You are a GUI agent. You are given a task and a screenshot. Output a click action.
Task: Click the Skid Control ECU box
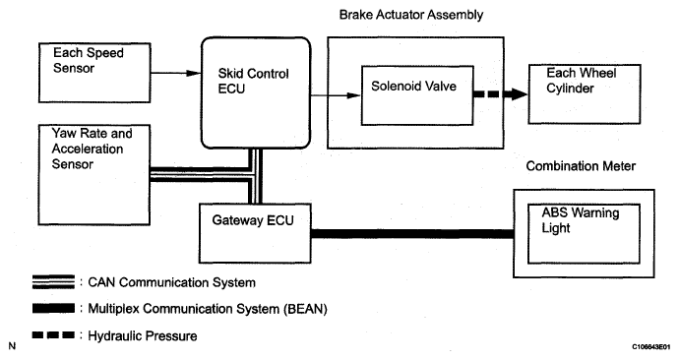point(256,92)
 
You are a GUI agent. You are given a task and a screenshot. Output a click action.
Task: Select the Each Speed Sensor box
point(94,73)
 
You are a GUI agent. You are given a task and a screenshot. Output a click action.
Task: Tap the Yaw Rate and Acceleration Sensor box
point(93,175)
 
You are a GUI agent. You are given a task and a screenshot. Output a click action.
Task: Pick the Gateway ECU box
point(255,233)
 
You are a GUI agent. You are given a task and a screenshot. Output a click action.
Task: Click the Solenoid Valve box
point(417,95)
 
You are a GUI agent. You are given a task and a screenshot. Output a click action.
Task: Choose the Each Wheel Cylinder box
point(585,94)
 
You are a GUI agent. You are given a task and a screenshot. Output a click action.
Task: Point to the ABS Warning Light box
point(584,234)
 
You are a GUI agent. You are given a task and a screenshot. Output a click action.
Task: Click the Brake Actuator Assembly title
point(411,15)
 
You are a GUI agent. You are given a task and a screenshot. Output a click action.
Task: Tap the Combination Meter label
point(581,166)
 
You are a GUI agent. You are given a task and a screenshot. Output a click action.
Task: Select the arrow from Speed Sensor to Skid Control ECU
point(176,73)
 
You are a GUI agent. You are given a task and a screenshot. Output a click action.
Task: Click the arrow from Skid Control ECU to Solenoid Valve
point(336,95)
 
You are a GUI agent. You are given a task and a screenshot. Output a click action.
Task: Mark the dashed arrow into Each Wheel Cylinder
point(501,93)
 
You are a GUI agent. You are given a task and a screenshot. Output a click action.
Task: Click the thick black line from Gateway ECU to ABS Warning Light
point(412,234)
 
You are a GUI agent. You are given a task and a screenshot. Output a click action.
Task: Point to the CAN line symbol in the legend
point(53,282)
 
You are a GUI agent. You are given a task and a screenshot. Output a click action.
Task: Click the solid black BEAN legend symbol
point(53,308)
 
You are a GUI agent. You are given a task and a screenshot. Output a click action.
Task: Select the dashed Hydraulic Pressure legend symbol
point(53,334)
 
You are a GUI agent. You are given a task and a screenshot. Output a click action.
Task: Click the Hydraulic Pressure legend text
point(143,336)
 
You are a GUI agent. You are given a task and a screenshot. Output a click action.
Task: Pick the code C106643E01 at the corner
point(650,347)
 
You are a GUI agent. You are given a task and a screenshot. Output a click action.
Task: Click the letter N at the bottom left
point(12,346)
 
